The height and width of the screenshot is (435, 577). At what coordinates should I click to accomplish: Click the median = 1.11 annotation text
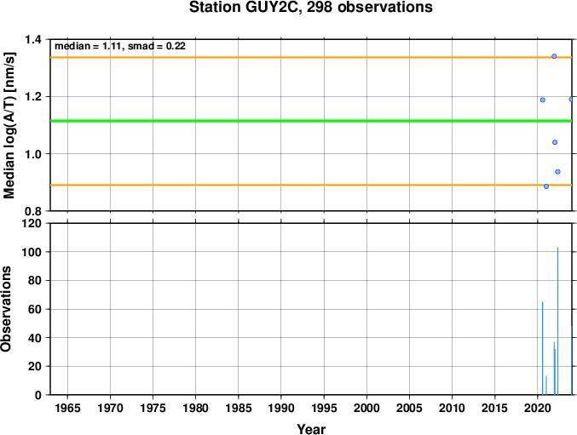(86, 46)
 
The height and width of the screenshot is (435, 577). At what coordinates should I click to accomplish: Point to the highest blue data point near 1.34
(554, 56)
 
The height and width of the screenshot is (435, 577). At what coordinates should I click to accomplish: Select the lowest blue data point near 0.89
(546, 186)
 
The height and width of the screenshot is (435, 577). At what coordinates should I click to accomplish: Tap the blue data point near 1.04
(555, 142)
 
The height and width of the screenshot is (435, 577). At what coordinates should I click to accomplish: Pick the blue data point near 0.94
(557, 172)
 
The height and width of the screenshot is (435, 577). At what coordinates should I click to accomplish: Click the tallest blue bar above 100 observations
(558, 321)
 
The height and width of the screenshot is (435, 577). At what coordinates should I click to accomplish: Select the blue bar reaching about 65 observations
(543, 348)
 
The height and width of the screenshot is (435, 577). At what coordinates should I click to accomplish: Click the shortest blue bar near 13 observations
(546, 386)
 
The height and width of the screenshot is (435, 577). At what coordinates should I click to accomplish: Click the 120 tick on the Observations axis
(35, 223)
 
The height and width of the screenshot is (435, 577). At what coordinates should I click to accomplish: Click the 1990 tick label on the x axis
(281, 408)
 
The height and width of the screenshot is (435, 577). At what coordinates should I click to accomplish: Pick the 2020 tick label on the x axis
(538, 408)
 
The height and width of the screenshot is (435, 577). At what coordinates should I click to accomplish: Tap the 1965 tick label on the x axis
(67, 408)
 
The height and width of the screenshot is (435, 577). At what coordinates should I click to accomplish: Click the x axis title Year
(311, 429)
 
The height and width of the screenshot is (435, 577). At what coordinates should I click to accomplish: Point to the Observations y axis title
(6, 309)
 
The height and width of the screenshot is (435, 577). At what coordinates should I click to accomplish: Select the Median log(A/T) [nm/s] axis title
(9, 125)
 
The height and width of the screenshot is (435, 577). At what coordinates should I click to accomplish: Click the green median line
(311, 121)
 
